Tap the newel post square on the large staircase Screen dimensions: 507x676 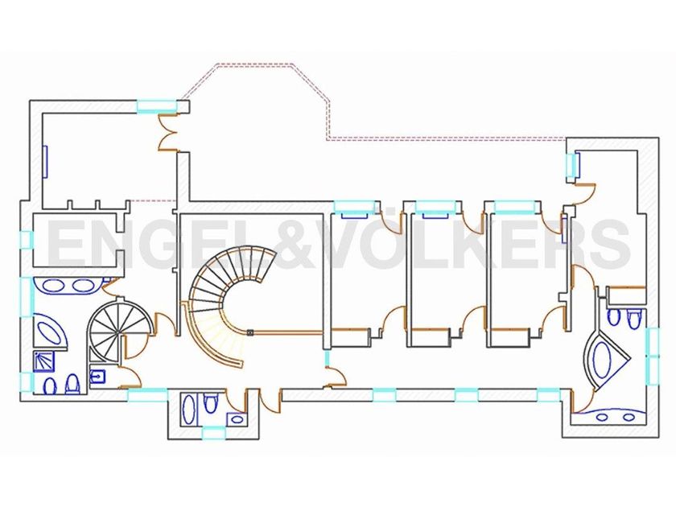click(250, 332)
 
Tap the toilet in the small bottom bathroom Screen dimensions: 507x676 click(211, 402)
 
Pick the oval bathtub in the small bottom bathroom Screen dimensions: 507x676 click(190, 409)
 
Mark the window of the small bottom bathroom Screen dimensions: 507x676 click(212, 434)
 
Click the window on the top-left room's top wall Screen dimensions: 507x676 click(156, 104)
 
